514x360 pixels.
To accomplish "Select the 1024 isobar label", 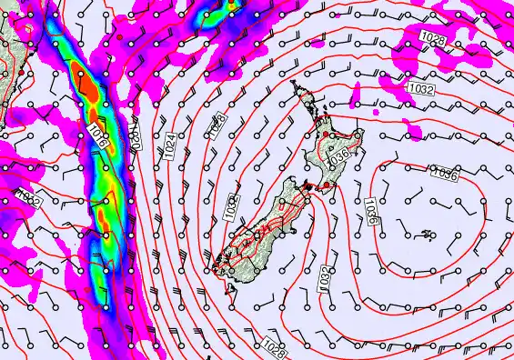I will (171, 145).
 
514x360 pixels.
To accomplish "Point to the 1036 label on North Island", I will (339, 157).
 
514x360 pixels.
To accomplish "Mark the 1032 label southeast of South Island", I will (325, 279).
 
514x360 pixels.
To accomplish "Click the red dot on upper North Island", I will (332, 134).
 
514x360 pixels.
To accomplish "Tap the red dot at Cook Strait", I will (319, 185).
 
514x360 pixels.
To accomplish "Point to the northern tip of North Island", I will (293, 83).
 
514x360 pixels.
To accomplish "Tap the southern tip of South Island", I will (218, 269).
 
